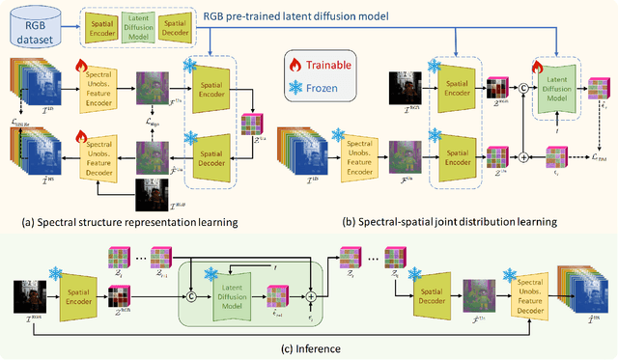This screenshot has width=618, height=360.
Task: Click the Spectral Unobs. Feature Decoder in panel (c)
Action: point(521,291)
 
